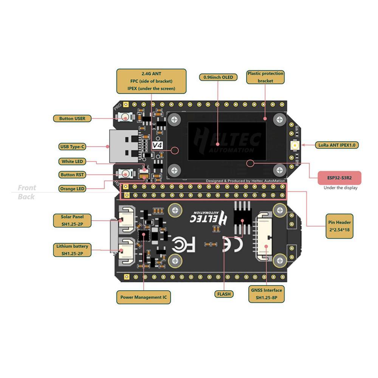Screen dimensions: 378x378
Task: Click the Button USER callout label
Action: (x=72, y=118)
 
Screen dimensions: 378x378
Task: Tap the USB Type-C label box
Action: (x=72, y=146)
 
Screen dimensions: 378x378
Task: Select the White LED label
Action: (x=72, y=161)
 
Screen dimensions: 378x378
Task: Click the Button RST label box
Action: (x=72, y=175)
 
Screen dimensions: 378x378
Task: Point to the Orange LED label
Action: (x=72, y=188)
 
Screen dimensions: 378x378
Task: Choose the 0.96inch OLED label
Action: (x=218, y=77)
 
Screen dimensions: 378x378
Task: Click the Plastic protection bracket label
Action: (x=265, y=77)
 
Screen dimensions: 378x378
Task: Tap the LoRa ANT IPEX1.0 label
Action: (x=336, y=145)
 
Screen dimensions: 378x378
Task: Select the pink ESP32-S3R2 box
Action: (x=339, y=177)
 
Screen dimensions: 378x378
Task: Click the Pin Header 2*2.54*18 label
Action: (x=339, y=226)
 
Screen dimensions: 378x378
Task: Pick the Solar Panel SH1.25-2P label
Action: (x=72, y=220)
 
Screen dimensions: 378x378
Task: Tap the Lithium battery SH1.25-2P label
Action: (x=72, y=250)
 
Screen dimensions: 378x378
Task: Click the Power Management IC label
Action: (x=143, y=297)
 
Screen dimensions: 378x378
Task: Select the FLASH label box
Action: (x=224, y=294)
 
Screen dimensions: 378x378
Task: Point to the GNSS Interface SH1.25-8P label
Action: (x=266, y=294)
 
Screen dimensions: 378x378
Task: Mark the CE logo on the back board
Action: (x=231, y=244)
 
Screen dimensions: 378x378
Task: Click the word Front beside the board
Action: (x=27, y=188)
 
